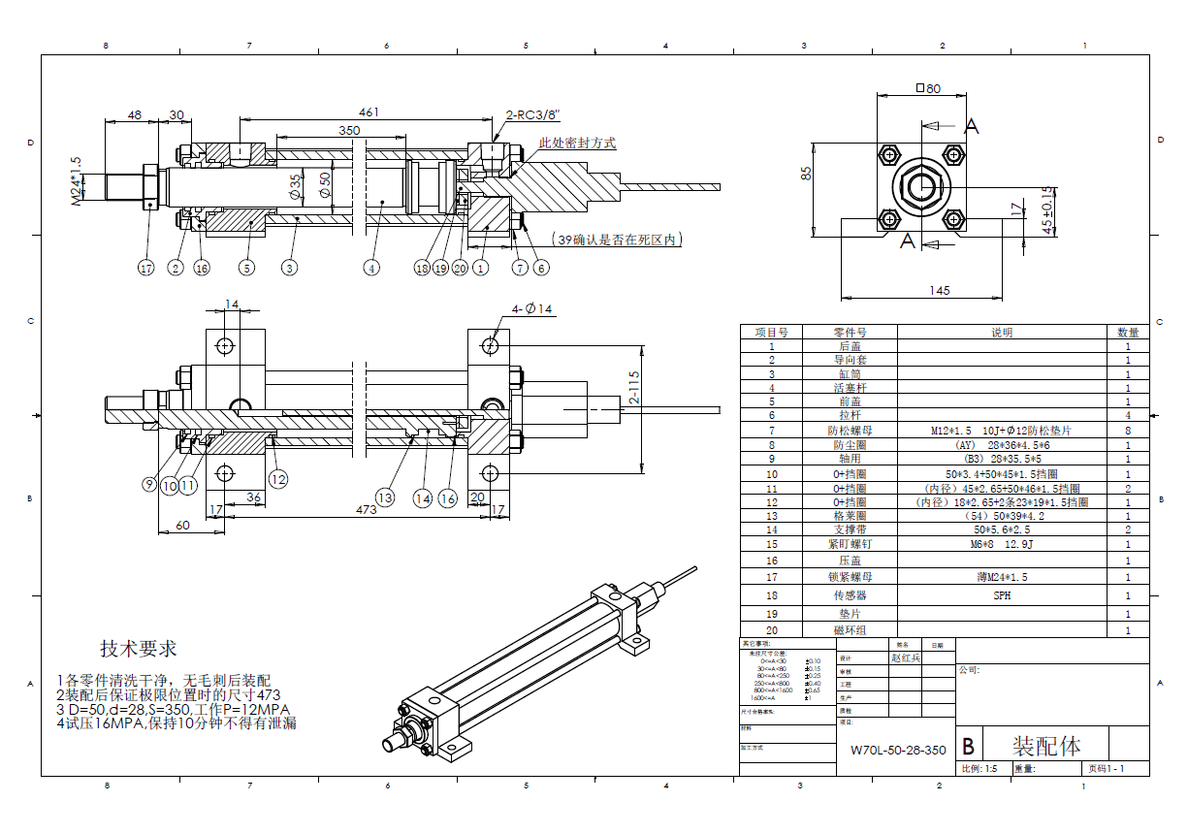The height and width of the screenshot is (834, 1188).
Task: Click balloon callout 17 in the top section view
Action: click(146, 268)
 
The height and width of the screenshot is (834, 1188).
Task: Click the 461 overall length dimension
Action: click(369, 112)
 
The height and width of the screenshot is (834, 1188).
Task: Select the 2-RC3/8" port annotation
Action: click(532, 113)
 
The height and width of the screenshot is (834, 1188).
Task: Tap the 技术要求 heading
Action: click(139, 649)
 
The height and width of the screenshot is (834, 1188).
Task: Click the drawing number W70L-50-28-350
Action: click(898, 750)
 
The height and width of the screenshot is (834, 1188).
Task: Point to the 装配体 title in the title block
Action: click(1046, 745)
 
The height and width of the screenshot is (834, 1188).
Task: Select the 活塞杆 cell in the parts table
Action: click(849, 387)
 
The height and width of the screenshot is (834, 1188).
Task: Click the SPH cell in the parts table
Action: click(1002, 595)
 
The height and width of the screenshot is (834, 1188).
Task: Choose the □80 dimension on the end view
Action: click(928, 88)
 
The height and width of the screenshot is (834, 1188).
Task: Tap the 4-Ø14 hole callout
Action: click(532, 309)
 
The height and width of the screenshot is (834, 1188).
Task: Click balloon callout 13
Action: click(386, 497)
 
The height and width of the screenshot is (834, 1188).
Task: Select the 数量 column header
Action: click(1128, 332)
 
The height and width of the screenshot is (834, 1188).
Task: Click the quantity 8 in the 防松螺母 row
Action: click(1128, 430)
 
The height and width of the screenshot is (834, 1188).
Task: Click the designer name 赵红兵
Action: click(908, 657)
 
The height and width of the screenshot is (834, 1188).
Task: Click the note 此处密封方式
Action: click(578, 143)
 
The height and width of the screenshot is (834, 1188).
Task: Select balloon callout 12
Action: click(278, 477)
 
